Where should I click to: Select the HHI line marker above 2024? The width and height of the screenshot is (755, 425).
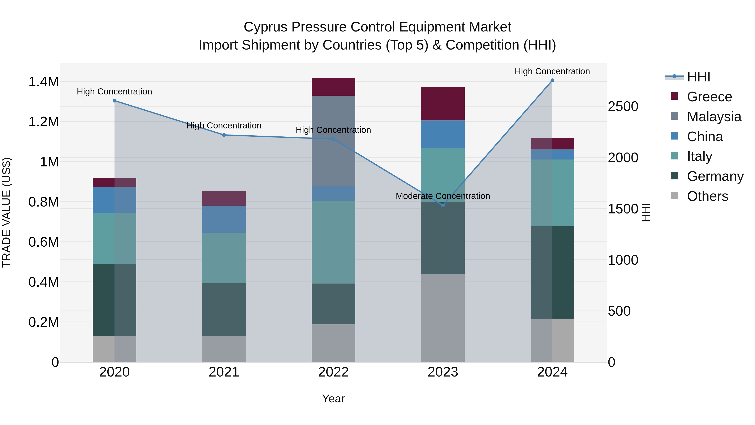click(x=552, y=80)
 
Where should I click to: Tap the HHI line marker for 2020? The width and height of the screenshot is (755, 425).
click(x=115, y=101)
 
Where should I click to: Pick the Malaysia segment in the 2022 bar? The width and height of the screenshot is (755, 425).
click(x=333, y=141)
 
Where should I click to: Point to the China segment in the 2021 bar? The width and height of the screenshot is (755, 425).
click(x=224, y=219)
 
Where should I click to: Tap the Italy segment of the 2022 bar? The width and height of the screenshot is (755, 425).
click(x=333, y=242)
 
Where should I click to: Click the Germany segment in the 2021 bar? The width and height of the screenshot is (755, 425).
click(x=224, y=309)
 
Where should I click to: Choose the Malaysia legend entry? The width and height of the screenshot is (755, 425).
click(x=714, y=117)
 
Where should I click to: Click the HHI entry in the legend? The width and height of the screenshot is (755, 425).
click(x=698, y=77)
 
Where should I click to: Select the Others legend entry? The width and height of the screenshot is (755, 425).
click(x=707, y=196)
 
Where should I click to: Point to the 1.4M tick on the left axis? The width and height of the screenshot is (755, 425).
click(x=43, y=82)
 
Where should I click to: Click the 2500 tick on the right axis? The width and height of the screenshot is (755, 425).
click(x=623, y=106)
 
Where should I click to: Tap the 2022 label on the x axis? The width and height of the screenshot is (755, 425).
click(x=333, y=372)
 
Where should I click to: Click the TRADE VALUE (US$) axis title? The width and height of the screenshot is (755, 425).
click(x=7, y=212)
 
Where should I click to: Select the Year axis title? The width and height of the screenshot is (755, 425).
click(x=333, y=399)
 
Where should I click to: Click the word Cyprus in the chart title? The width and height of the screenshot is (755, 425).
click(x=265, y=27)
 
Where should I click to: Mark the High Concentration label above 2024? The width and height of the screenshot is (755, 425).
click(x=552, y=71)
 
